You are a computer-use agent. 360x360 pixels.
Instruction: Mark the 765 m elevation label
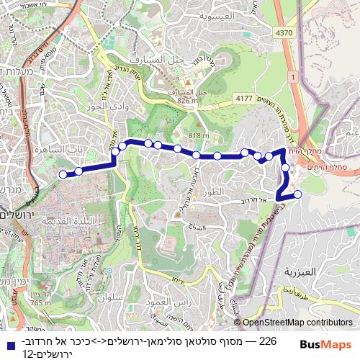pyautogui.click(x=40, y=303)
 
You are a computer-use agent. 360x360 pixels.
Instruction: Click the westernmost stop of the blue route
pyautogui.click(x=63, y=174)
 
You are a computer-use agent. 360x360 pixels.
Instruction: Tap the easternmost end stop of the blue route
pyautogui.click(x=297, y=193)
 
